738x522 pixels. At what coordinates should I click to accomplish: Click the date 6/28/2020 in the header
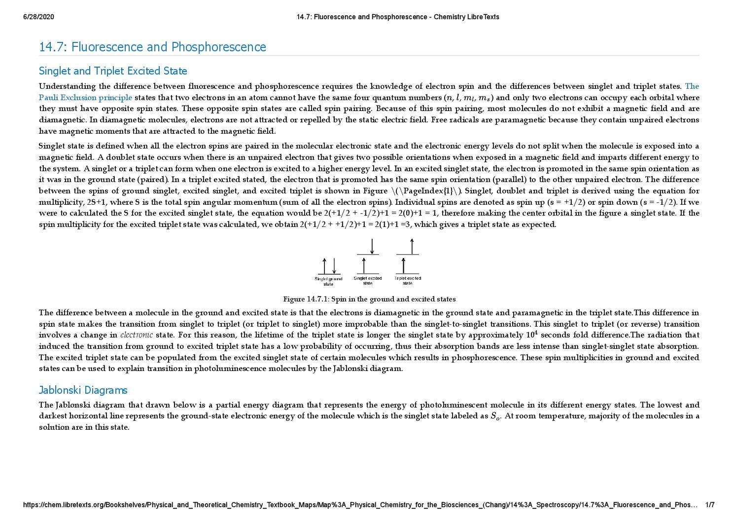pos(38,17)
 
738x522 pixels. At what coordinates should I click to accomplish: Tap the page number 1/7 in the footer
pos(709,505)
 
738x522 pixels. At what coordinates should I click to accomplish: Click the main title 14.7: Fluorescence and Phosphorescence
pos(152,47)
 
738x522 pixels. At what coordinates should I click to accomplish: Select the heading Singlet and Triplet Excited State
pos(113,71)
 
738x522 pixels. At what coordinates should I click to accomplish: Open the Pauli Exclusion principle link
pos(85,98)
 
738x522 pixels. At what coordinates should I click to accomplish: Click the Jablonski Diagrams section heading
pos(83,390)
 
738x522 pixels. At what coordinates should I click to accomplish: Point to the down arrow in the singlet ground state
pos(334,266)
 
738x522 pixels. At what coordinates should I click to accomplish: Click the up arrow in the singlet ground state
pos(324,266)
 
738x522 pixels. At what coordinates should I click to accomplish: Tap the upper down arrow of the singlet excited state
pos(372,246)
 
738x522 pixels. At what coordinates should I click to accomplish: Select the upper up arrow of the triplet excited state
pos(412,246)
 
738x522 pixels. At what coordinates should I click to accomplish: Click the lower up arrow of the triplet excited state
pos(403,266)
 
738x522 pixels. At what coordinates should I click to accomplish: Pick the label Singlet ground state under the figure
pos(328,281)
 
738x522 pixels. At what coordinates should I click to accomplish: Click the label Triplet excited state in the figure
pos(408,280)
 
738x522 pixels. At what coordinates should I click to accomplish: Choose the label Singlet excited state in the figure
pos(368,280)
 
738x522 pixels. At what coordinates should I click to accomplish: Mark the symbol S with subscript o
pos(495,416)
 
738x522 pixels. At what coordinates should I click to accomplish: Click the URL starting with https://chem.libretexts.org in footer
pos(360,505)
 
